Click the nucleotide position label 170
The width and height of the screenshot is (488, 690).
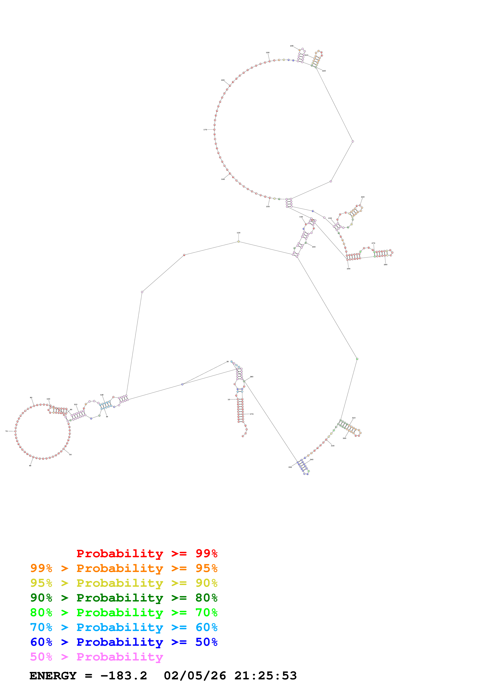point(205,130)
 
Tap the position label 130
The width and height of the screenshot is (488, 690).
point(238,233)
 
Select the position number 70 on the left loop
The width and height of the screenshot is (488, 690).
point(6,431)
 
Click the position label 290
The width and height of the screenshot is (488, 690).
point(348,269)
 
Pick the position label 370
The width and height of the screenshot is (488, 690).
point(252,414)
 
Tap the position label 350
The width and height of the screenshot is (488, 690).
point(290,467)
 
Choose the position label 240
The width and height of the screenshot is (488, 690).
point(363,197)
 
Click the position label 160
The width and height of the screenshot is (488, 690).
point(223,179)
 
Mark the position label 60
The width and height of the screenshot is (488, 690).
point(30,466)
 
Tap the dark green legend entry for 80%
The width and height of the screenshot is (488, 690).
point(124,598)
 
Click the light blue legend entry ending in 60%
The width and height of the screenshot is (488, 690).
point(124,627)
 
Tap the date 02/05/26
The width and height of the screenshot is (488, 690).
point(195,676)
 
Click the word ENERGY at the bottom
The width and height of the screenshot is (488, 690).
point(53,676)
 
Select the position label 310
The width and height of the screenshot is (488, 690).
point(354,418)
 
